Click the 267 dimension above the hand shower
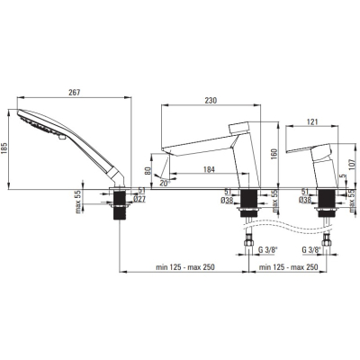click(x=74, y=93)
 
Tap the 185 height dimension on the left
click(x=4, y=148)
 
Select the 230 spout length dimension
click(x=211, y=101)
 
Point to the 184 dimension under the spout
click(x=209, y=169)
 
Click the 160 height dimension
click(x=274, y=154)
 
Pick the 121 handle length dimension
click(x=312, y=122)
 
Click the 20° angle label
click(x=165, y=184)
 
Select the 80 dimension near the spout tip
click(x=148, y=171)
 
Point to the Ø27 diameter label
click(x=139, y=199)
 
